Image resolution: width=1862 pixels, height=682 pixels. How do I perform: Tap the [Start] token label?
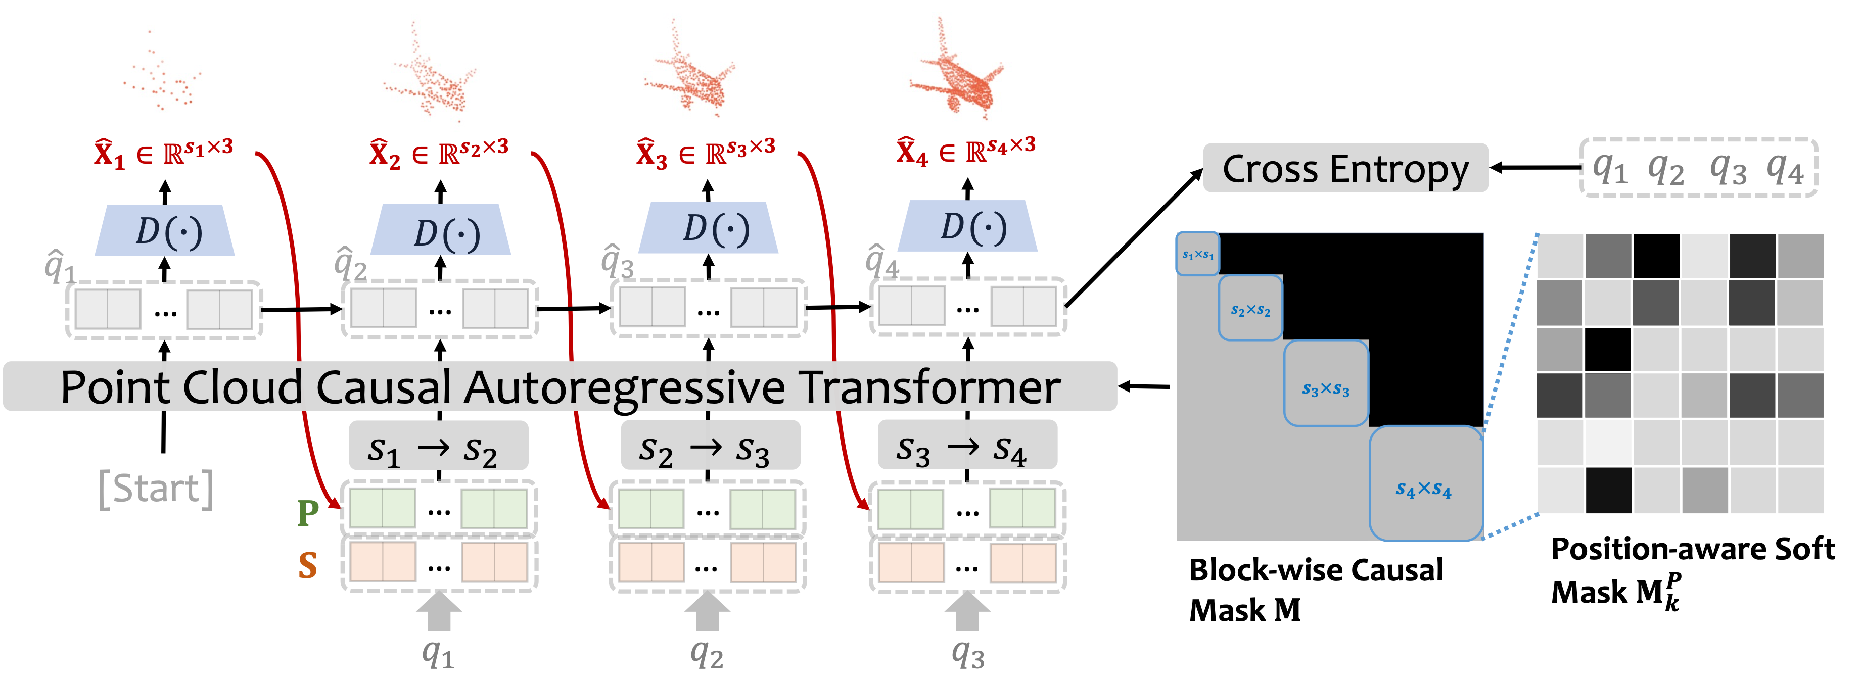(156, 489)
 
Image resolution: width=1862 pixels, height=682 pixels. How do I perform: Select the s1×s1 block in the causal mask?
(1197, 254)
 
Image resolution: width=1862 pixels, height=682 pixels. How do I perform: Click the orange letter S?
(308, 565)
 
